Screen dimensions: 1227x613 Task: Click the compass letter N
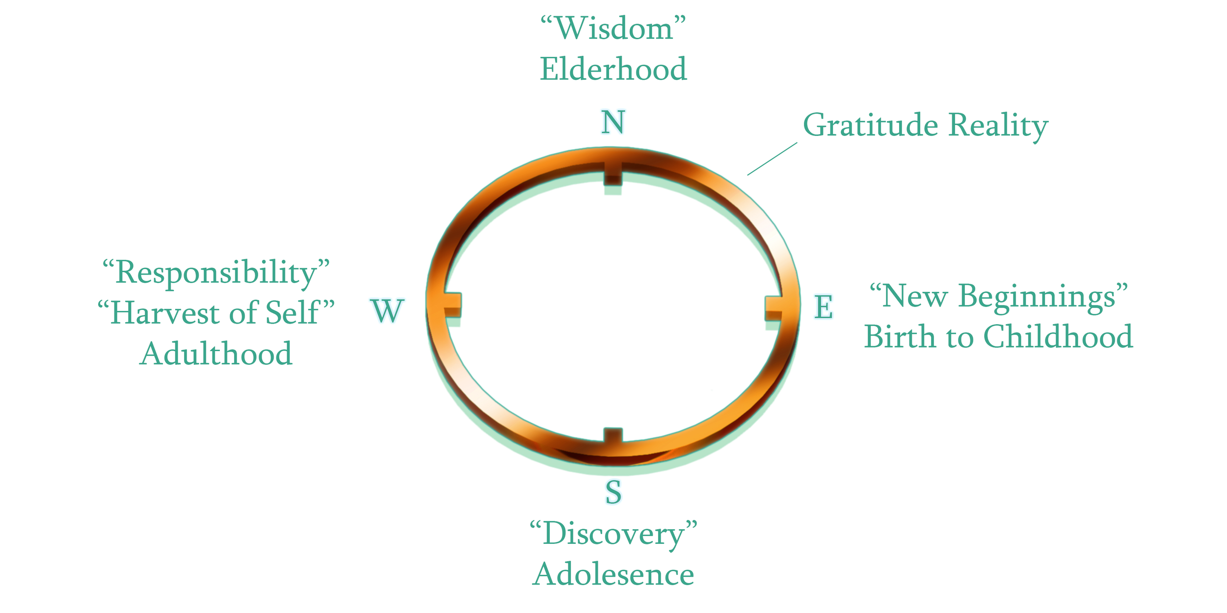click(613, 122)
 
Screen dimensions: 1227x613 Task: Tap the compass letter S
click(613, 492)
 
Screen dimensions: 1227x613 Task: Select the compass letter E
click(824, 307)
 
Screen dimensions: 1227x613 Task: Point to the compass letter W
click(387, 310)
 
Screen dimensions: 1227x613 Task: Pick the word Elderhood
click(613, 69)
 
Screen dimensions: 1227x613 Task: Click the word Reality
click(998, 126)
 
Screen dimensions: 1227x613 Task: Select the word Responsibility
click(216, 273)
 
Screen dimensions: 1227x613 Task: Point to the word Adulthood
click(216, 354)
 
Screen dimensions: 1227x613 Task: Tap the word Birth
click(900, 337)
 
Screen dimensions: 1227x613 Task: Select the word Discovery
click(613, 534)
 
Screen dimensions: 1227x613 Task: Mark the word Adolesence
click(613, 574)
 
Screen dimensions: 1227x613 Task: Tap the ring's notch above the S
click(613, 434)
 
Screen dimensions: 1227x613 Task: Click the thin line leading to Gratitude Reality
click(772, 158)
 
